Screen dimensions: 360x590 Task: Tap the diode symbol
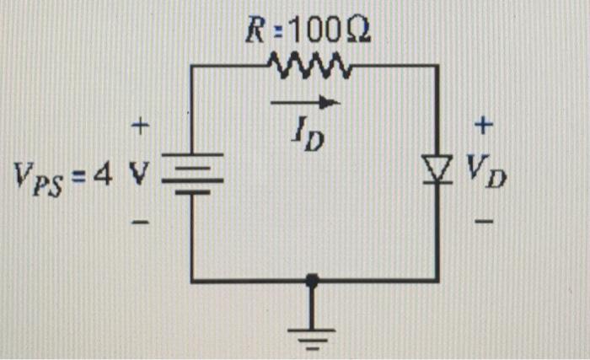(x=437, y=173)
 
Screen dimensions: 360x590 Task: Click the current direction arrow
(x=305, y=103)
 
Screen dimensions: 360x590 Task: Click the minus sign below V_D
(x=483, y=222)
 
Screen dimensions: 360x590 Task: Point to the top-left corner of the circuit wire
(x=193, y=65)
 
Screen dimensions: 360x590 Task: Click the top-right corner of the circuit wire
(x=437, y=65)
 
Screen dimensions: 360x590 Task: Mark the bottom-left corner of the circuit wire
(x=193, y=280)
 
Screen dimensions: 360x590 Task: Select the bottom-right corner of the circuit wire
(x=437, y=280)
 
